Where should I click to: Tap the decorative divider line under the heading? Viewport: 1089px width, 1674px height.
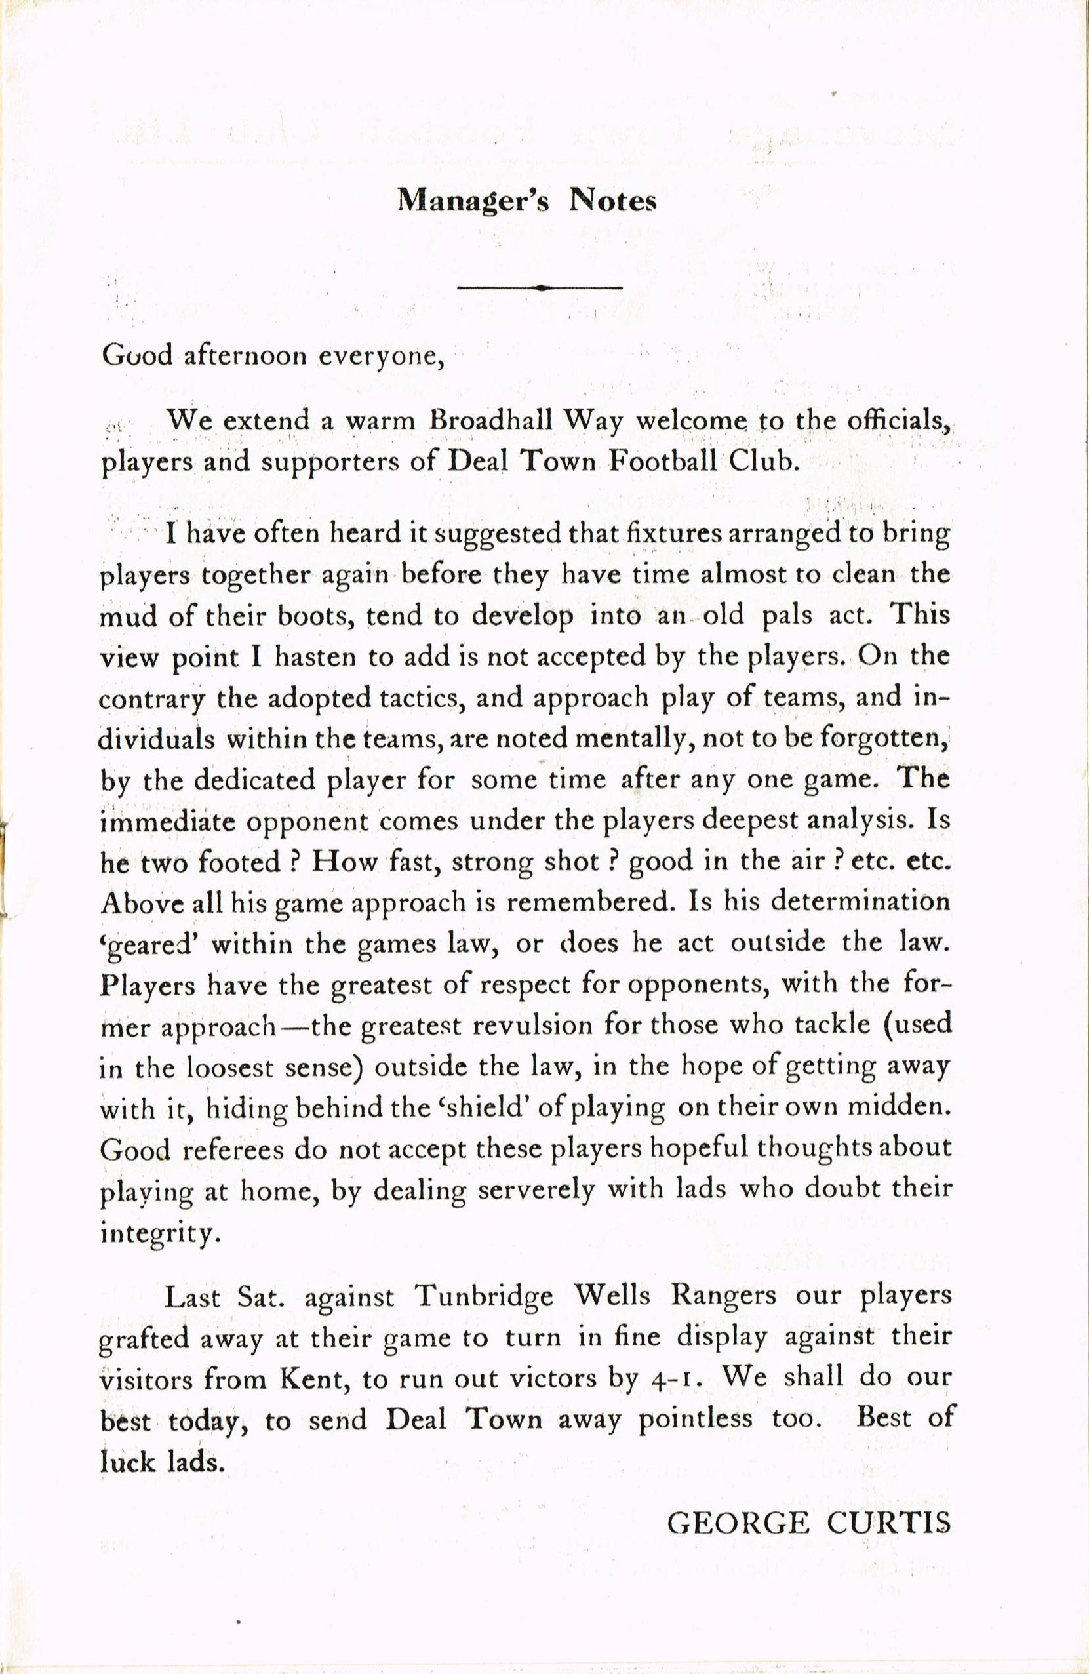[540, 287]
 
